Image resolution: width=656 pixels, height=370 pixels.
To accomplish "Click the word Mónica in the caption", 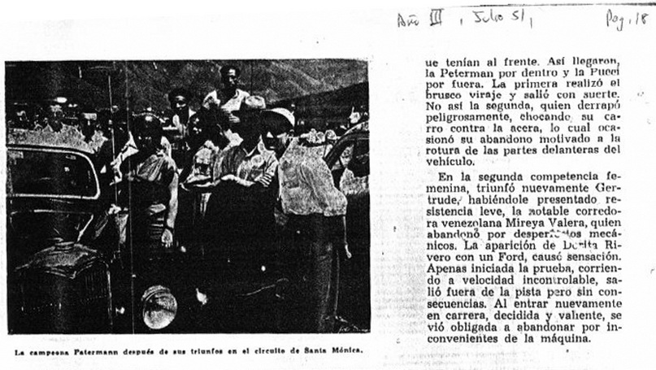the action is [x=345, y=351].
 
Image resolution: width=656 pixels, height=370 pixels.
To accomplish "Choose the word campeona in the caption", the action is [x=50, y=351].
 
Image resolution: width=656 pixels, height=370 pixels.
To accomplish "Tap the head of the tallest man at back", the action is [x=230, y=77].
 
